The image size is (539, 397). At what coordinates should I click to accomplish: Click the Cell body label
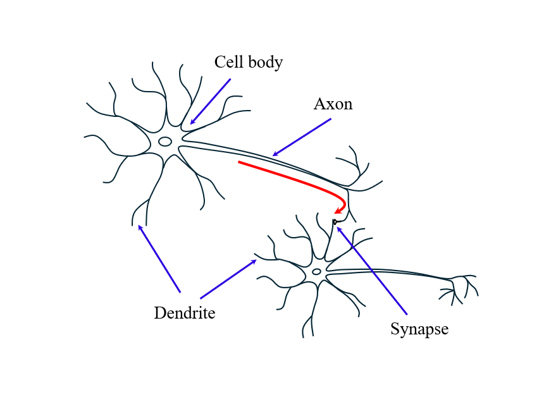click(248, 62)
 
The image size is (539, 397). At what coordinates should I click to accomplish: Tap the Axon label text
click(333, 104)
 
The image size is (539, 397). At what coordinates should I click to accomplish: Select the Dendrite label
click(184, 313)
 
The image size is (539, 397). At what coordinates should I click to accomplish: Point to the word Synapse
click(419, 329)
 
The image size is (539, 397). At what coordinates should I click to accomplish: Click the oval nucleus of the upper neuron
click(165, 142)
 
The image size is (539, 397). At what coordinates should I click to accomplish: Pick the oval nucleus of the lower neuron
click(316, 272)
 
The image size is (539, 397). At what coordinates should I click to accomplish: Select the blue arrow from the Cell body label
click(211, 101)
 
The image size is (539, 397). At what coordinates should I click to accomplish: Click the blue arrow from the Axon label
click(302, 137)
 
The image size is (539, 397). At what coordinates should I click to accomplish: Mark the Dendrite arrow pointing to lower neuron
click(228, 279)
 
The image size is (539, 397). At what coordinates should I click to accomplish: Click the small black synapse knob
click(334, 222)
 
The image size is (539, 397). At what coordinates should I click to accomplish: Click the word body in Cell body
click(266, 62)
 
